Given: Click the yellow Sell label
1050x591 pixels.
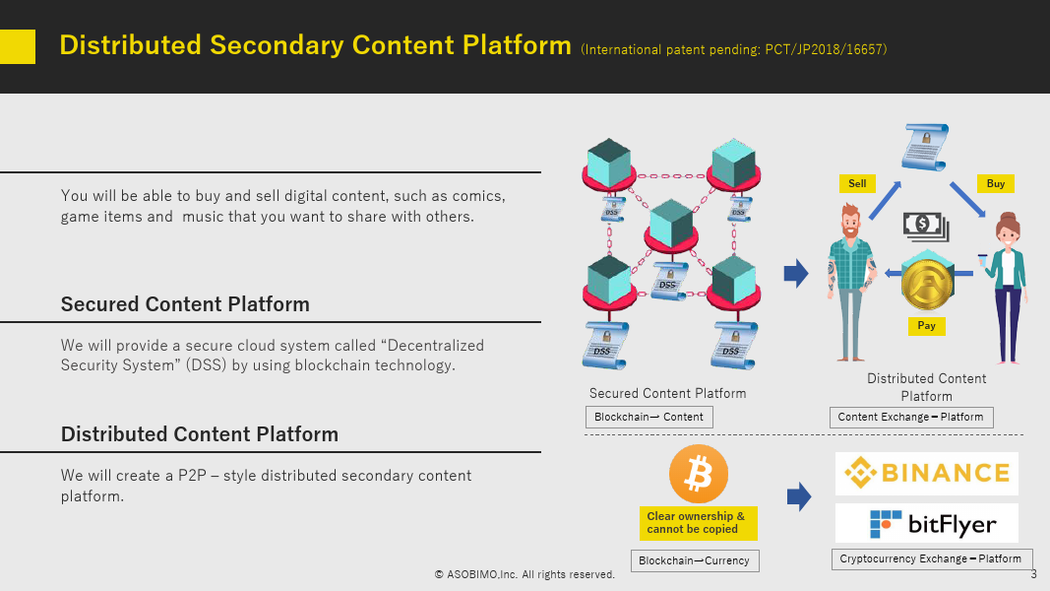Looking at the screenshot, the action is [x=857, y=183].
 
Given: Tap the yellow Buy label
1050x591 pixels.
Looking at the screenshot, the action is [x=995, y=183].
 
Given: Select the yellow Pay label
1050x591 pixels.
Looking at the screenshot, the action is [x=926, y=326].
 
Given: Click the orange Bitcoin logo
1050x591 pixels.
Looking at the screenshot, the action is [x=699, y=474].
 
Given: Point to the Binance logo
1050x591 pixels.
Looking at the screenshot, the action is [x=927, y=473].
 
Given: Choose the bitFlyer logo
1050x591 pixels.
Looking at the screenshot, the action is [x=927, y=523].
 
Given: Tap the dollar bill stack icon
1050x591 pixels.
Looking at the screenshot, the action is [x=926, y=227].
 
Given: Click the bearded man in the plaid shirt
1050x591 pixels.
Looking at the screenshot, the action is [x=850, y=283].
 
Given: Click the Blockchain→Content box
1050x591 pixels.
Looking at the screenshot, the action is [x=649, y=417].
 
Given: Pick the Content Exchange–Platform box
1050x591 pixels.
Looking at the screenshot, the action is [x=910, y=417].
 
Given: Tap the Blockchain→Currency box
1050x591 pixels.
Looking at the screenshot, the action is [x=695, y=560].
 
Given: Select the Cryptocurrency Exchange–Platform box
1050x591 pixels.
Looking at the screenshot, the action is [x=932, y=558].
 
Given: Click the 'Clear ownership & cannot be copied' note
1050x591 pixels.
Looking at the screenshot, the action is [x=699, y=523].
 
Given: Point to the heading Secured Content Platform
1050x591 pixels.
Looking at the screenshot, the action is [x=185, y=304].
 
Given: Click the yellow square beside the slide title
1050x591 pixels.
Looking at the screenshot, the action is [x=18, y=46].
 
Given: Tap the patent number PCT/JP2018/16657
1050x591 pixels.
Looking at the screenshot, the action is [x=824, y=49].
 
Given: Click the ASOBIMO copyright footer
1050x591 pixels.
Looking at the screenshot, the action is [x=525, y=574].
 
